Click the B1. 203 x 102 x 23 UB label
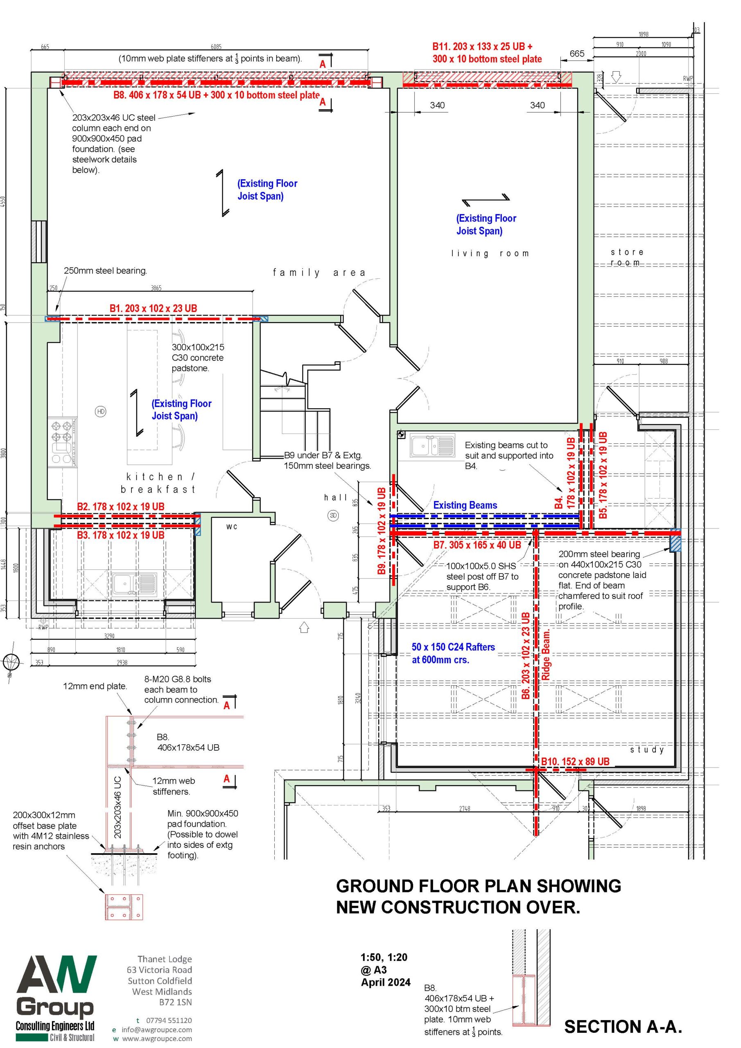tap(154, 308)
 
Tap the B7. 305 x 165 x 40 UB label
tap(477, 544)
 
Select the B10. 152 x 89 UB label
tap(575, 761)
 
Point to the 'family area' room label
tap(319, 273)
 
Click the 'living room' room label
tap(490, 253)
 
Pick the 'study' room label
tap(647, 750)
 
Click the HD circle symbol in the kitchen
tap(101, 411)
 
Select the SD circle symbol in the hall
tap(333, 515)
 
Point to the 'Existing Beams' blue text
tap(465, 505)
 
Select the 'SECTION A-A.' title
tap(623, 1027)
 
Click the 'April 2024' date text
tap(386, 982)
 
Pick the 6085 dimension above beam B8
tap(216, 47)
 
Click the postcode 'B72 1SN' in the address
tap(175, 1003)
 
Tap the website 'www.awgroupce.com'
tap(157, 1039)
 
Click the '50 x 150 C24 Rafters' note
tap(453, 647)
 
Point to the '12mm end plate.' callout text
tap(95, 686)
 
